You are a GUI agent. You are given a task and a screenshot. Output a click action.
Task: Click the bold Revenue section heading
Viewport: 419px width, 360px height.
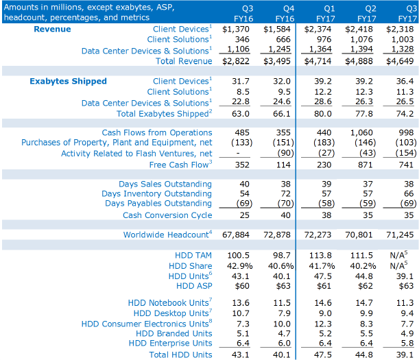(x=52, y=29)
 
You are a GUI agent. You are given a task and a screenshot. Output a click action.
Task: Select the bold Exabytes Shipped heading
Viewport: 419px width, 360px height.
(x=68, y=82)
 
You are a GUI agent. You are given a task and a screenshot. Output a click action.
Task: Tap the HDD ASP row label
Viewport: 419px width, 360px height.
(x=194, y=286)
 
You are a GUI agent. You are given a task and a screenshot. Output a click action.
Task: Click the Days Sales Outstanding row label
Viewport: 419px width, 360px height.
(x=165, y=184)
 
